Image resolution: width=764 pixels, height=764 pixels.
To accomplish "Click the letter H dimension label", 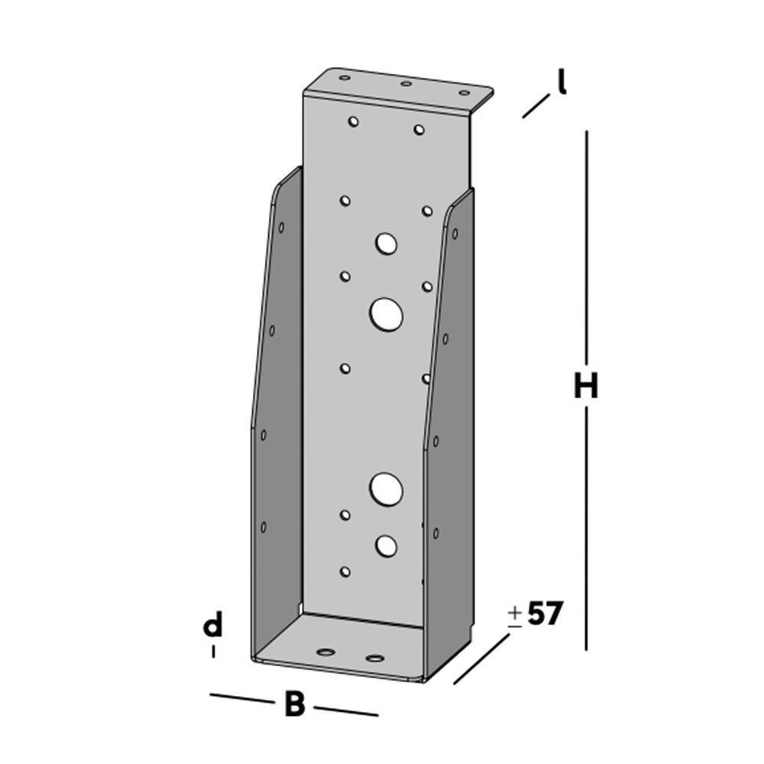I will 586,387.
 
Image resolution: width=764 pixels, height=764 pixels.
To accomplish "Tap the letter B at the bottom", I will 294,704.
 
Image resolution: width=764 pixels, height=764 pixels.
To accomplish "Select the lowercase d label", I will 212,626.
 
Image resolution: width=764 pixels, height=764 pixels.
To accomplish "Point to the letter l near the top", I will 562,82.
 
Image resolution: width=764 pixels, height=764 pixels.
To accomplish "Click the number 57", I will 545,613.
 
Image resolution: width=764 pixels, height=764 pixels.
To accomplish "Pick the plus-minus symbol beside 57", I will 515,616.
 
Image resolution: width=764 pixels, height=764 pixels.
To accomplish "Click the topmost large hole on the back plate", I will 386,244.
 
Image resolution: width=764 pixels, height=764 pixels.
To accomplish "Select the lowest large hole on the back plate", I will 387,545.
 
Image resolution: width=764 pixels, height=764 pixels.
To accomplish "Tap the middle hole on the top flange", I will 406,84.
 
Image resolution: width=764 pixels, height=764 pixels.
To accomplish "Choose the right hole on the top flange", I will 464,93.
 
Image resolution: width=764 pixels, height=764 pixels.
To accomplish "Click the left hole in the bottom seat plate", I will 327,652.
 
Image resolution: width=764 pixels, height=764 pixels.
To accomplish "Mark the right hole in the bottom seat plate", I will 374,657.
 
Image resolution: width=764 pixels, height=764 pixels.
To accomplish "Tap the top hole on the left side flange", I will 281,228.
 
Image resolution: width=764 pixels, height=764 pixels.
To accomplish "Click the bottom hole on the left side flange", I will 264,527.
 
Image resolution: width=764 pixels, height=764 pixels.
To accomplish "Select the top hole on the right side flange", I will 455,234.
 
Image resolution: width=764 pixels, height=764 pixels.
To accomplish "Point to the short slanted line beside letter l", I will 536,105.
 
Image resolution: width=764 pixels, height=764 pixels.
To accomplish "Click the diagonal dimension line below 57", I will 481,659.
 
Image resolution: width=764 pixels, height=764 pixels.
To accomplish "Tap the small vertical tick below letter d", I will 213,652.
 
